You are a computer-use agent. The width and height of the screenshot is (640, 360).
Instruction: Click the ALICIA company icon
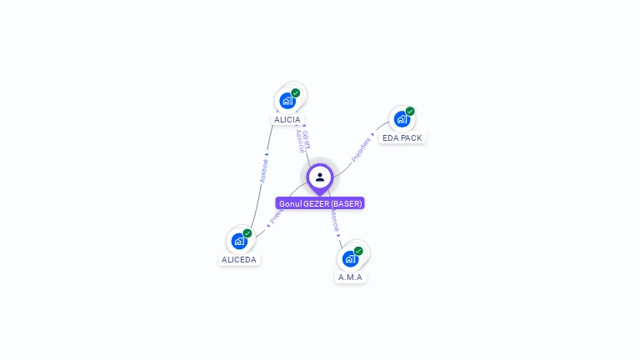[287, 101]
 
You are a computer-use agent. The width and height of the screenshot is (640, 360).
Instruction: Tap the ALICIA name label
[287, 120]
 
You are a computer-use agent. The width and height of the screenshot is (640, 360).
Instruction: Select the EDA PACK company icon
[402, 119]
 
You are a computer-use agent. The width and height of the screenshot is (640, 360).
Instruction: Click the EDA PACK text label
[402, 138]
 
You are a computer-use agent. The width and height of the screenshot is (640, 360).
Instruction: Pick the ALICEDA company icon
[240, 241]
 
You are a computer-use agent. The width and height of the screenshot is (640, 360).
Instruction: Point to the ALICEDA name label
[239, 260]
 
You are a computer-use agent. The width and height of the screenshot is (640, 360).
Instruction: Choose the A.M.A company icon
[351, 258]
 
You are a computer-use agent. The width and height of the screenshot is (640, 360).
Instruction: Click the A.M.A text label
[351, 277]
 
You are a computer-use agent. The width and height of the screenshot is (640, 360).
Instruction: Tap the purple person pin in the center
[320, 177]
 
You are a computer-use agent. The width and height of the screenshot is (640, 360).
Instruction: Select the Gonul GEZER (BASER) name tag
[320, 203]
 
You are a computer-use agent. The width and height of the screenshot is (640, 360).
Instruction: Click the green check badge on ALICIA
[296, 93]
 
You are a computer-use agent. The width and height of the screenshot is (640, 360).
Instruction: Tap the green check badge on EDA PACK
[410, 112]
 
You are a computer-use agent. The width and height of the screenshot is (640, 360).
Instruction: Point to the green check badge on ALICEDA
[247, 233]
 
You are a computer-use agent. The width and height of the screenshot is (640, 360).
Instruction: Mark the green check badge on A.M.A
[358, 251]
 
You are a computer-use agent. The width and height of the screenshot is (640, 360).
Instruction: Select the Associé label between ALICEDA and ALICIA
[263, 170]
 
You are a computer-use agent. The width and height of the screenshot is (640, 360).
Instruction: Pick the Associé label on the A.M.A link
[335, 220]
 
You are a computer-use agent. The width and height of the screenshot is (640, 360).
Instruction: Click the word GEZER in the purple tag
[317, 203]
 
